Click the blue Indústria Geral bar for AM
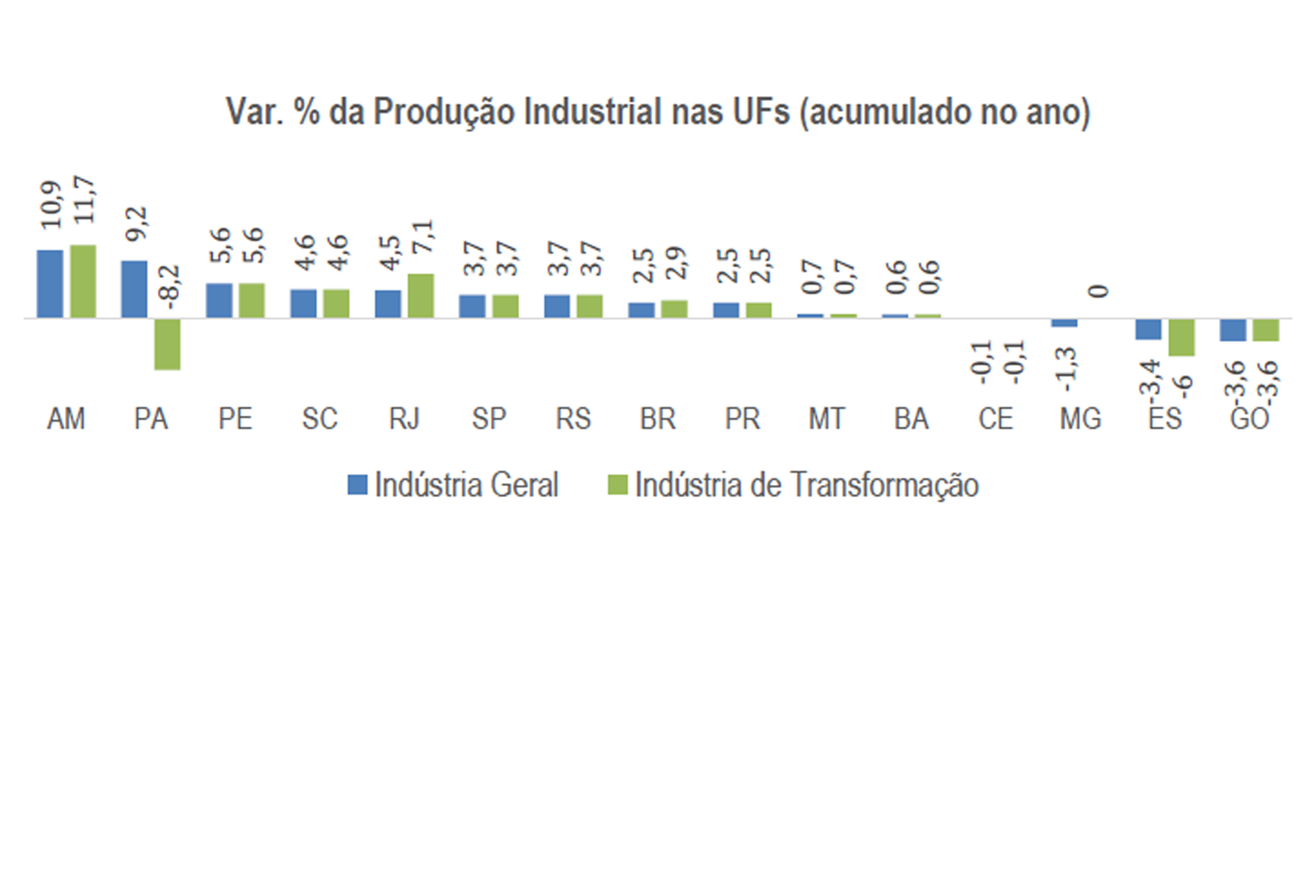click(x=50, y=284)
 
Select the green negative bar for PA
click(x=167, y=344)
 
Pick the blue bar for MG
click(x=1064, y=323)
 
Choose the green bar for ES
click(x=1182, y=337)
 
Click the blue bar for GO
click(x=1233, y=330)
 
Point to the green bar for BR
click(x=674, y=309)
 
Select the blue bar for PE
click(x=219, y=301)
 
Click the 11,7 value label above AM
click(x=84, y=200)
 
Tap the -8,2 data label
click(x=169, y=287)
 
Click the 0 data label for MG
click(x=1098, y=291)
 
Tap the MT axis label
click(x=826, y=419)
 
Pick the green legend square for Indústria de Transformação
click(x=618, y=484)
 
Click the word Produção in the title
click(x=443, y=112)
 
